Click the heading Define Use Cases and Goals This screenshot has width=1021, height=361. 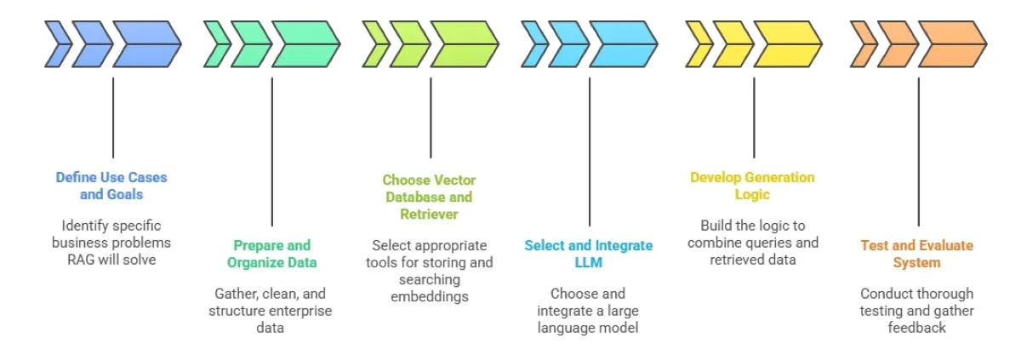[111, 186]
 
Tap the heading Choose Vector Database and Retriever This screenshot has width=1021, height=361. [429, 197]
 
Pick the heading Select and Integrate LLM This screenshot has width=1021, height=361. [588, 254]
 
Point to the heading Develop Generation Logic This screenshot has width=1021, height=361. [752, 186]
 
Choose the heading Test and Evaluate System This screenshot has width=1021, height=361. [916, 254]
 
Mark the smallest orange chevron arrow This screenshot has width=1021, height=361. [864, 44]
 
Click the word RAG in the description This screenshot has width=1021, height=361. [81, 259]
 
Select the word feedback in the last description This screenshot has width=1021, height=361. [916, 327]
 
